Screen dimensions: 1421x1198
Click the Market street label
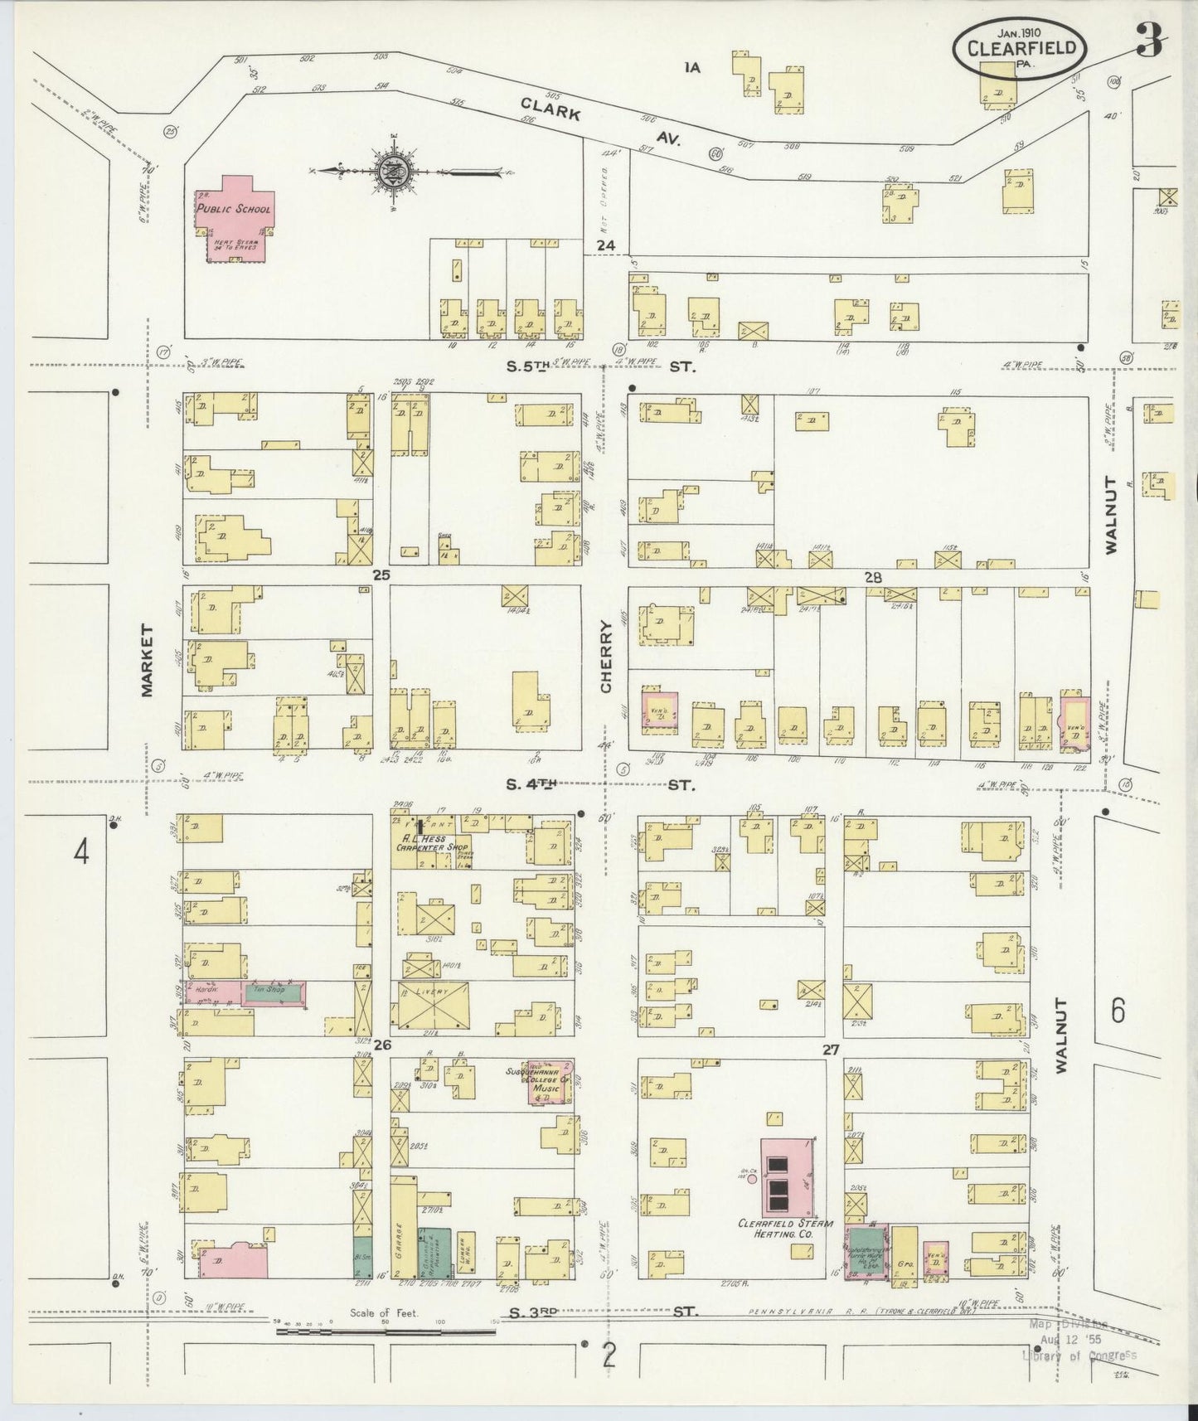click(148, 660)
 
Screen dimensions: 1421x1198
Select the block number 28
click(872, 577)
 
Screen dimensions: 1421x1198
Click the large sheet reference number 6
click(1118, 1010)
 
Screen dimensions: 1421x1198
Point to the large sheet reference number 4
click(80, 852)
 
